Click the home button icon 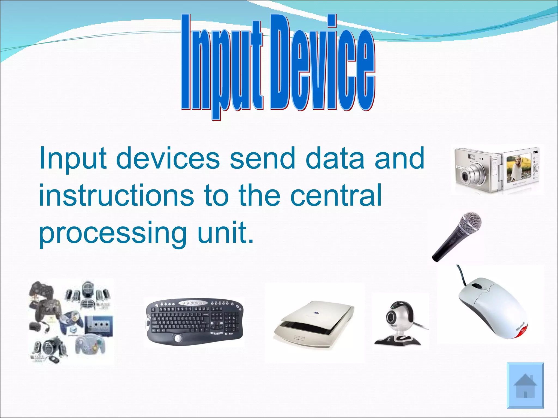point(525,385)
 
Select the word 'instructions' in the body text point(117,195)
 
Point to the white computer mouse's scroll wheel point(476,287)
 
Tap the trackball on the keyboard point(178,339)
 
